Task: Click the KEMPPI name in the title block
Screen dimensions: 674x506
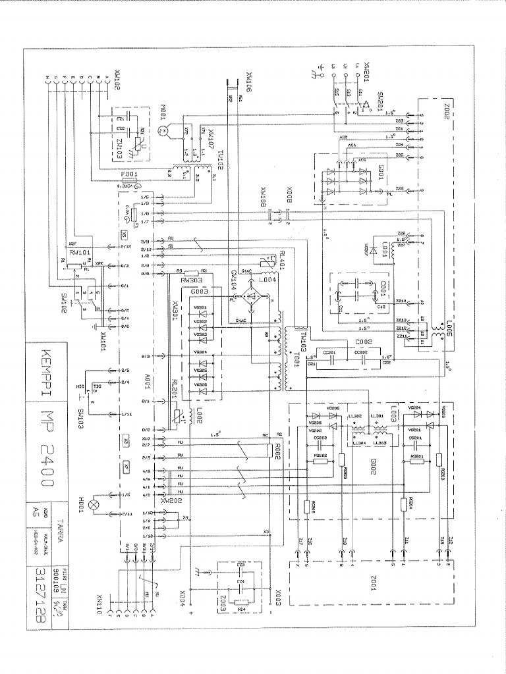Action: coord(41,370)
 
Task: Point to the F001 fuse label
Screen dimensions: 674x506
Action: coord(129,174)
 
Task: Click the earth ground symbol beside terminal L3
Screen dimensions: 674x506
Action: coord(322,70)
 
